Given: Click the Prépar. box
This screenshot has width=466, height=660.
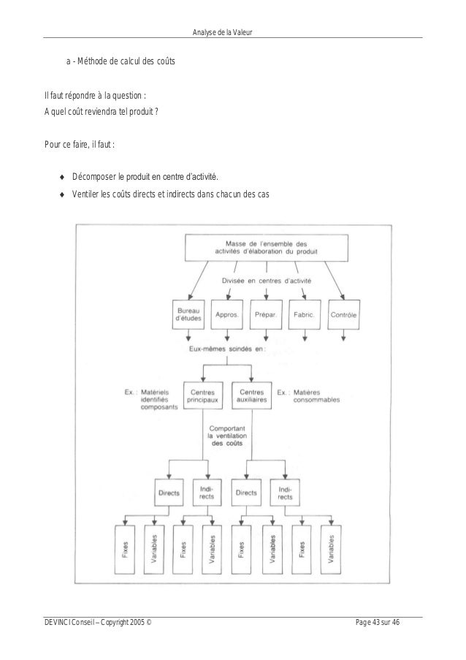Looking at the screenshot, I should coord(266,315).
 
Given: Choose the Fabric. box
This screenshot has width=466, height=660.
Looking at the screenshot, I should coord(305,315).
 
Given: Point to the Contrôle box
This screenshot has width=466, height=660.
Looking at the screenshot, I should coord(344,315).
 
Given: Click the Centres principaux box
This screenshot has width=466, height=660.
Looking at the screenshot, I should coord(203,396).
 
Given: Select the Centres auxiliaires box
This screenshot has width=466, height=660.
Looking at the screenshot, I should coord(251,396).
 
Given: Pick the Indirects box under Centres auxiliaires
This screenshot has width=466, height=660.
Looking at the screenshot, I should coord(286,492).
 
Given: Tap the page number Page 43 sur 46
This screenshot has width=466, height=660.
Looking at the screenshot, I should coord(387,621).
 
